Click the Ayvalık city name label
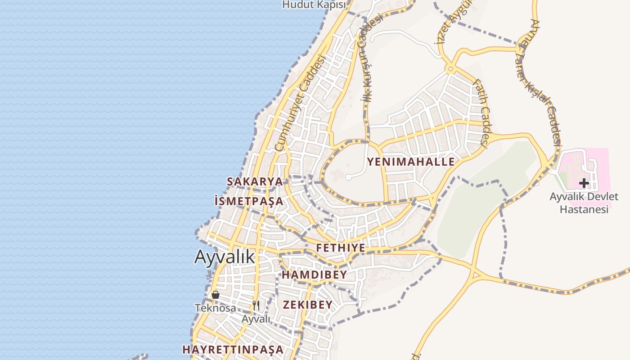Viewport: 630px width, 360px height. click(x=225, y=256)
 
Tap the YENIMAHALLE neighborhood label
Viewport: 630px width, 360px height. click(x=411, y=162)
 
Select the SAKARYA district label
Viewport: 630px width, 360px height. click(x=255, y=181)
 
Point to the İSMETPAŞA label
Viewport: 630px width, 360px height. click(x=249, y=201)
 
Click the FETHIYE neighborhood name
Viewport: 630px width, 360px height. click(x=341, y=248)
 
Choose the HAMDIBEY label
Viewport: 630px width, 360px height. click(x=315, y=274)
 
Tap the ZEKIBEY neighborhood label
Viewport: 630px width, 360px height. click(x=308, y=304)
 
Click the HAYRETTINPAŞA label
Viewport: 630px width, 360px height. click(x=233, y=349)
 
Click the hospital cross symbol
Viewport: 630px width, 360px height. click(x=584, y=183)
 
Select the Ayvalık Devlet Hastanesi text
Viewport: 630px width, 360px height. click(x=584, y=203)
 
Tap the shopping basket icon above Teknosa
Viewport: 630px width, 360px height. click(x=216, y=295)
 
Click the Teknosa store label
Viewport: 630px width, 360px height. click(x=215, y=308)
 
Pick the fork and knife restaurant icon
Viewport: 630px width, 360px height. click(x=256, y=306)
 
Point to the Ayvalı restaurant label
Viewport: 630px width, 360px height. click(x=256, y=319)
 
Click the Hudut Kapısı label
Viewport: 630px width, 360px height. click(x=315, y=4)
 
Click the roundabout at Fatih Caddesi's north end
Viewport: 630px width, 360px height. click(x=450, y=69)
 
